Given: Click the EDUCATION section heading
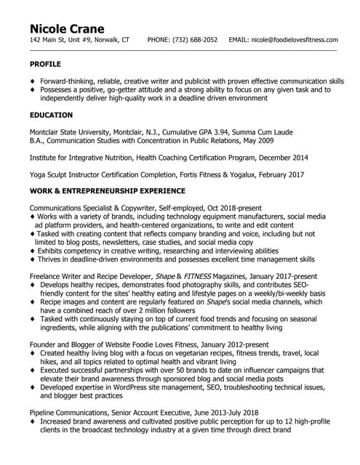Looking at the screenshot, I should pyautogui.click(x=51, y=115).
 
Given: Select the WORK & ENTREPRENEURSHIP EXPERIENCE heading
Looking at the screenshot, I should pyautogui.click(x=108, y=190).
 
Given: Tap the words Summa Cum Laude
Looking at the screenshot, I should pyautogui.click(x=247, y=132).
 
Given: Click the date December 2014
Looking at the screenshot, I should pyautogui.click(x=282, y=157).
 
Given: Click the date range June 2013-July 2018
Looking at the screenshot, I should pyautogui.click(x=215, y=412).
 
